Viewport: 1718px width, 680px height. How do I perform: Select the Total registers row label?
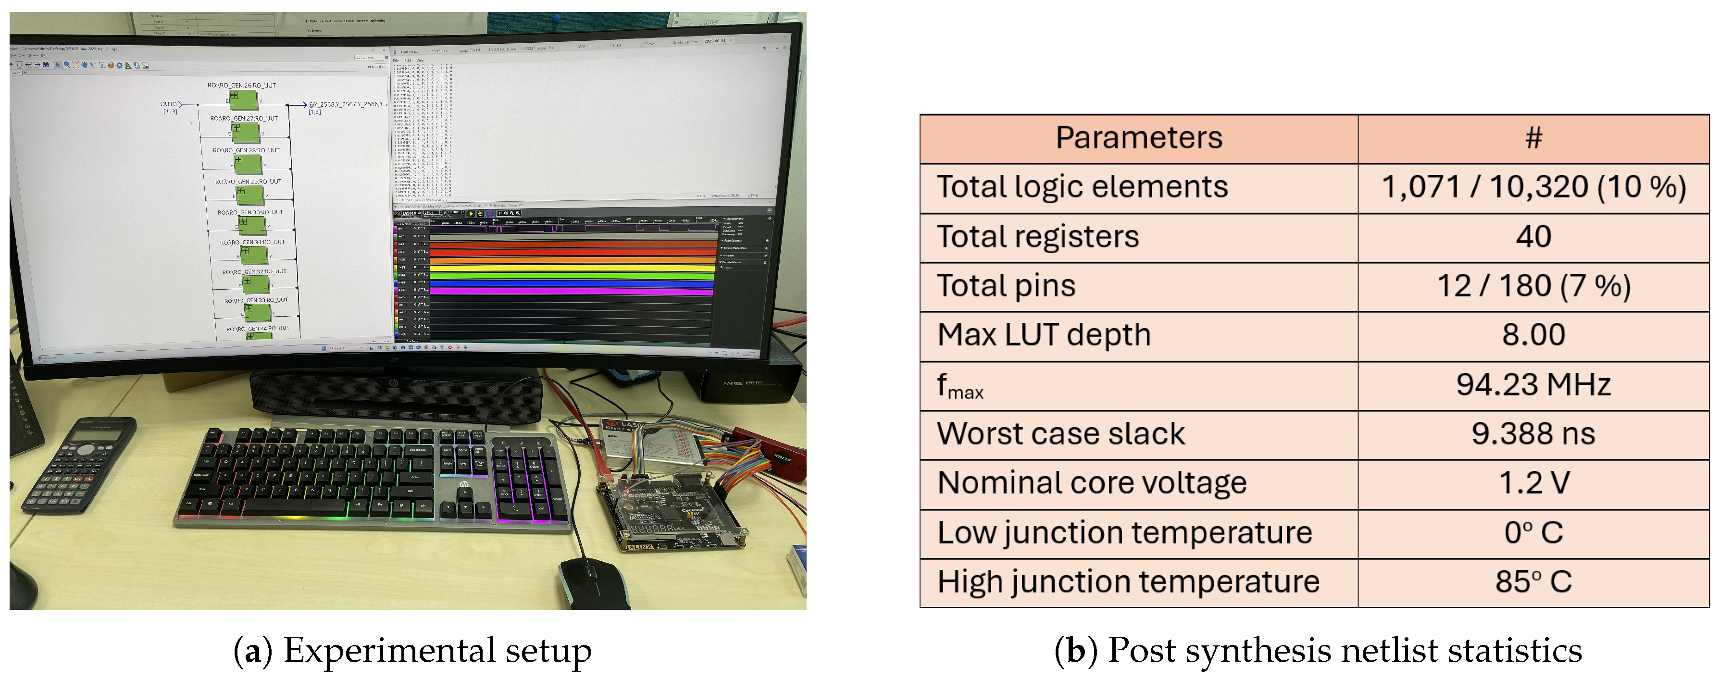1038,236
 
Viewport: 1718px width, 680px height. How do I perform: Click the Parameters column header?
1138,138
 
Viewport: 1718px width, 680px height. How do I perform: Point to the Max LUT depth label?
1044,334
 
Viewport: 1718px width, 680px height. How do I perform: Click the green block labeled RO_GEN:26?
243,100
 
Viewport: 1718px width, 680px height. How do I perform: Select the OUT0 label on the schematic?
168,104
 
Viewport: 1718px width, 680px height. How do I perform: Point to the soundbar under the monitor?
397,396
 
